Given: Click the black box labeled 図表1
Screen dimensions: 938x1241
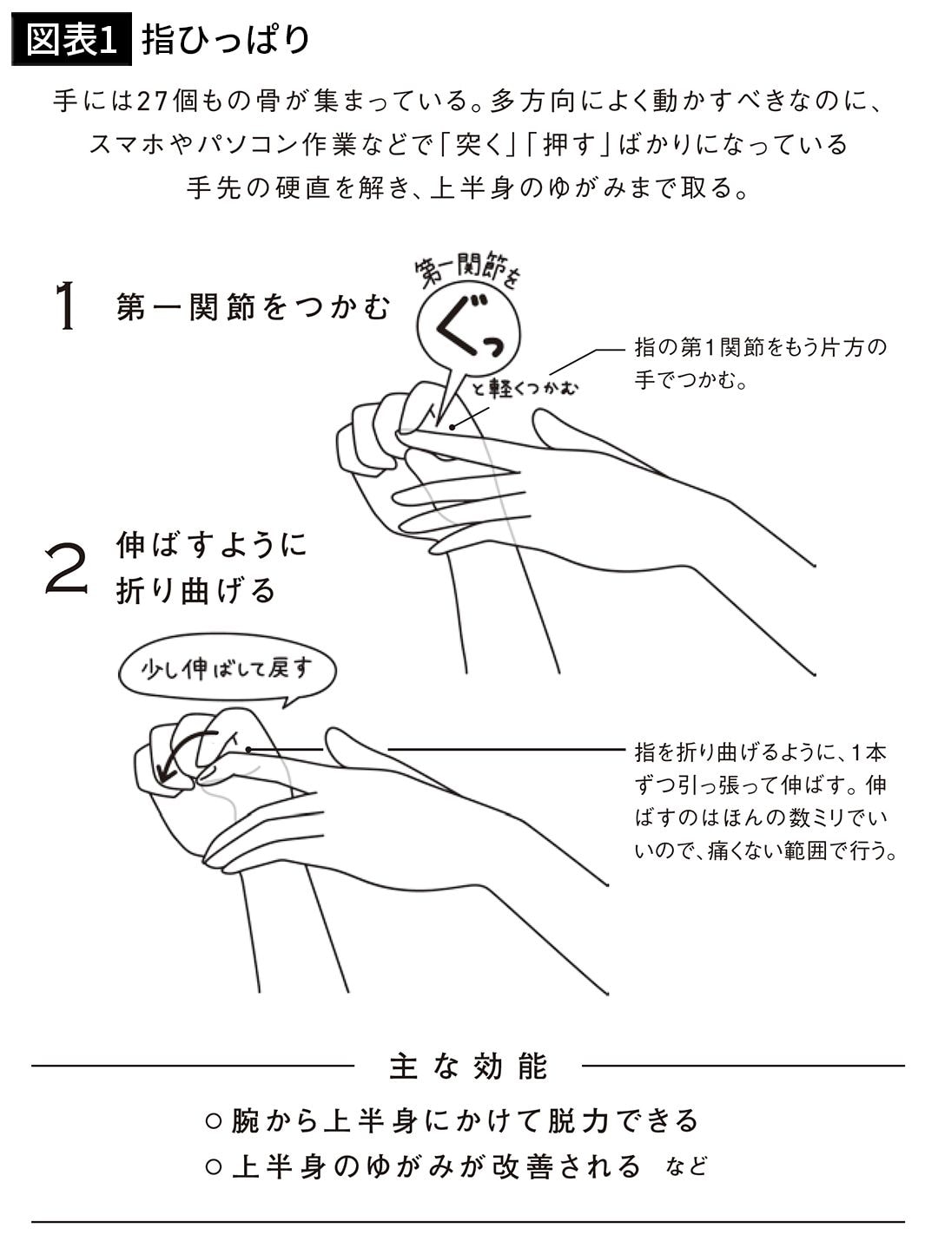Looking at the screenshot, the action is [71, 39].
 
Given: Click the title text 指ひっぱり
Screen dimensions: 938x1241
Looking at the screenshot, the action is [225, 40].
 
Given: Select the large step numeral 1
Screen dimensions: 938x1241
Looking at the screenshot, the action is [67, 305].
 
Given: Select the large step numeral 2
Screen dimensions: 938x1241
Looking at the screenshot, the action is [66, 568].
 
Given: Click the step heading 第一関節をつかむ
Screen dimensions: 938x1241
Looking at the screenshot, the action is [253, 307].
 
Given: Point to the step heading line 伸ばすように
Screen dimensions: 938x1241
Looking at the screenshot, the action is [211, 544].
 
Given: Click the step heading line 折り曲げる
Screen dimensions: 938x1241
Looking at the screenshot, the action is [195, 590].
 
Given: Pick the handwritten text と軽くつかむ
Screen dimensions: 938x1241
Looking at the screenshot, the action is [525, 387].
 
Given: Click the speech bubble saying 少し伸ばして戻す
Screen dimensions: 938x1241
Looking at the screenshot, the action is [227, 670].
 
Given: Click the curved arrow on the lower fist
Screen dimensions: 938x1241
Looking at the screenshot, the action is [175, 748].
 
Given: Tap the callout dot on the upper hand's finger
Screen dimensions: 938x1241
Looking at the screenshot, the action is [452, 428].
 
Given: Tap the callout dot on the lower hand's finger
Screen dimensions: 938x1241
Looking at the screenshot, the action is [249, 750].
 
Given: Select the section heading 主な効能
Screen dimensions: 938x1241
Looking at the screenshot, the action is [469, 1067].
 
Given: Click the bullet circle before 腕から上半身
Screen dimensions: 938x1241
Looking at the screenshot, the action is [213, 1121].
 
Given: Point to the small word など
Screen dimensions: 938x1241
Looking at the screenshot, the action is [687, 1166].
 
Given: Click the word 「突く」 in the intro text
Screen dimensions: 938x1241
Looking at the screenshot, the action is [478, 145].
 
